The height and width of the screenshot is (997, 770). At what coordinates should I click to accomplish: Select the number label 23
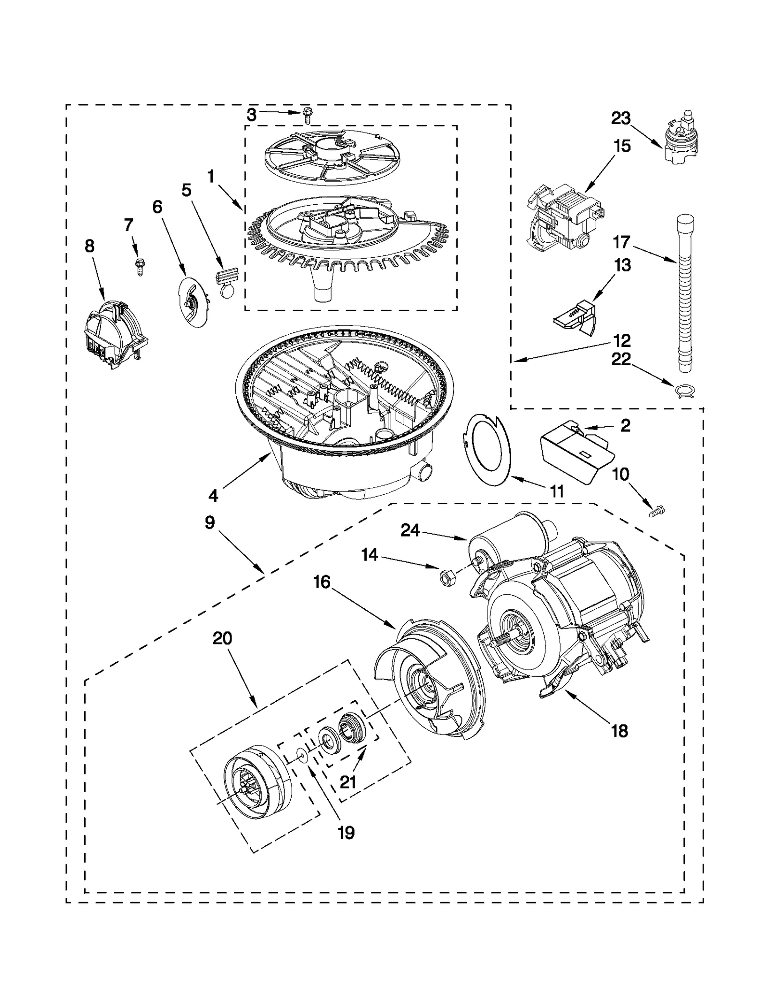coord(621,118)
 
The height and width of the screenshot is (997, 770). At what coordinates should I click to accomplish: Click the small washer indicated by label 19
coord(301,754)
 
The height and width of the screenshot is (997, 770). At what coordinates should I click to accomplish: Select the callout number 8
coord(90,246)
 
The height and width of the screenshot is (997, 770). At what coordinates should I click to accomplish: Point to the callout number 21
coord(348,782)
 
